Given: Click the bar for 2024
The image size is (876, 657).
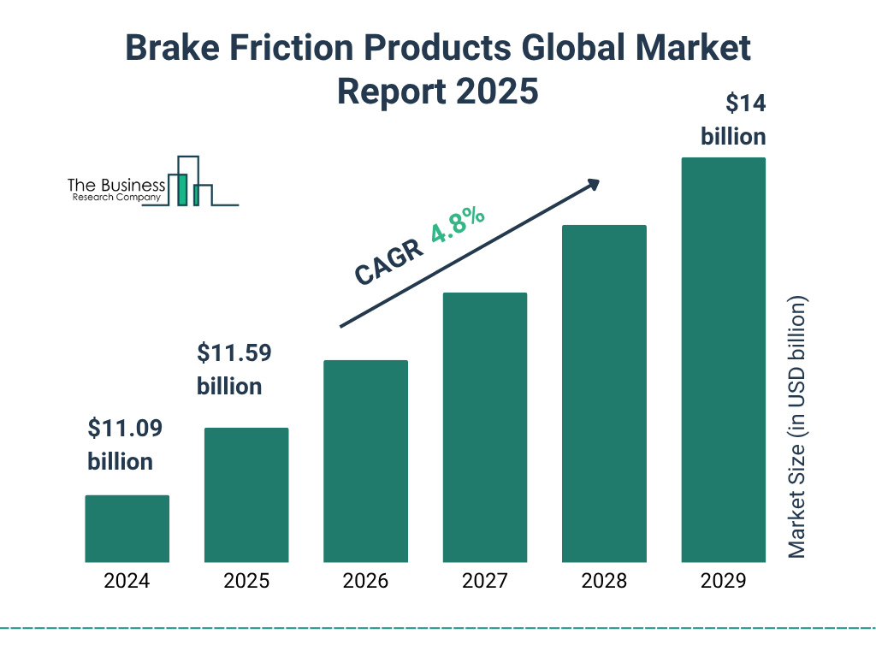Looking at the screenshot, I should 127,529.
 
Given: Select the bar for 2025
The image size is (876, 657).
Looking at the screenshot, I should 246,494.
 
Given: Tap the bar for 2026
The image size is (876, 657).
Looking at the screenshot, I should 365,461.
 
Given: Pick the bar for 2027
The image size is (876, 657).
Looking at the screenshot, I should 484,427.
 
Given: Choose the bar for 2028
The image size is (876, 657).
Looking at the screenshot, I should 604,394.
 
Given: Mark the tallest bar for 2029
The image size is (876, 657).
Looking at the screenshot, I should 723,359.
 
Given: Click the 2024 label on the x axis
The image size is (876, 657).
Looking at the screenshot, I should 127,582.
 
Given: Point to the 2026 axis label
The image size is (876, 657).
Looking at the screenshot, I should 365,582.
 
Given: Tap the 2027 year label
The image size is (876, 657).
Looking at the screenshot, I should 484,582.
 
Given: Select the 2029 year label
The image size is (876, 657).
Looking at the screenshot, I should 723,582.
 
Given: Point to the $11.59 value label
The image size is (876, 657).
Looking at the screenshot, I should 229,352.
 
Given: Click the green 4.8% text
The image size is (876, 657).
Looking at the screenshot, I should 458,225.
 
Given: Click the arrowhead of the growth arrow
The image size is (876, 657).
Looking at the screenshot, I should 592,185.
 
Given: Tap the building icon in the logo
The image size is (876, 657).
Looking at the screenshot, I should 190,182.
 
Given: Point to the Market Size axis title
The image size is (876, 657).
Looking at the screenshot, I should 797,428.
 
